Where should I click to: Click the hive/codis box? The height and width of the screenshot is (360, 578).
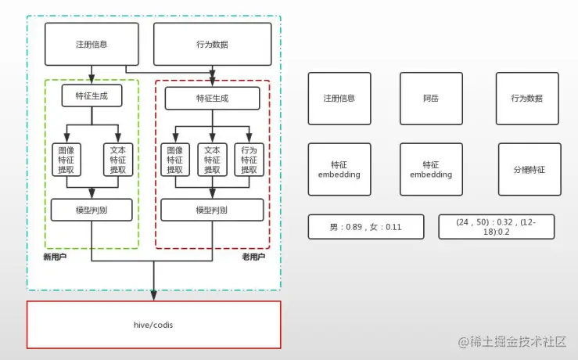point(154,324)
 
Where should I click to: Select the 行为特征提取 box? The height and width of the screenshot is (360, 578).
point(249,160)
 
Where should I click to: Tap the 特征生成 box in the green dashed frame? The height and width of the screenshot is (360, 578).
point(92,95)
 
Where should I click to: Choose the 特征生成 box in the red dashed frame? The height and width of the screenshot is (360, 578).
point(212,99)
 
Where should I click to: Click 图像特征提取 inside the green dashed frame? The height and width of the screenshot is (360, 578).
point(66,160)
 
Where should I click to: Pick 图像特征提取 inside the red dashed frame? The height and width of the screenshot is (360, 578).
point(174,160)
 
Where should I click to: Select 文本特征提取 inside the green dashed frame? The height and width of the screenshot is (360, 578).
point(118,160)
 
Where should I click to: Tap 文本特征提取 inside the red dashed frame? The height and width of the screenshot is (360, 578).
point(211,160)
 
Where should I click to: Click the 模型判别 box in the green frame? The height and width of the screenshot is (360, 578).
point(92,210)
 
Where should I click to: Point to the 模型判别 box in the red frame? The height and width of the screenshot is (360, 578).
point(212,210)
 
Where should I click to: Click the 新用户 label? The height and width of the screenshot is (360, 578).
point(54,257)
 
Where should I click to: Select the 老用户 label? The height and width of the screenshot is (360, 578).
point(253,257)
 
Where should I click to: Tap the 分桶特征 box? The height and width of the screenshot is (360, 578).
point(530,169)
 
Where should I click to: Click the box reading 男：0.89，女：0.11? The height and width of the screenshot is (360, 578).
point(365,227)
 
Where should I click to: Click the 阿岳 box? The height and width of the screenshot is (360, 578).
point(431,99)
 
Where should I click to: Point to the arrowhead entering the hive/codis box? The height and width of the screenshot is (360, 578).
point(153,295)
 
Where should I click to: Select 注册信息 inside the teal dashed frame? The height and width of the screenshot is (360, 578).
point(92,45)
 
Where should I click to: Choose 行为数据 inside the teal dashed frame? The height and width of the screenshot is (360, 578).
point(212,45)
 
